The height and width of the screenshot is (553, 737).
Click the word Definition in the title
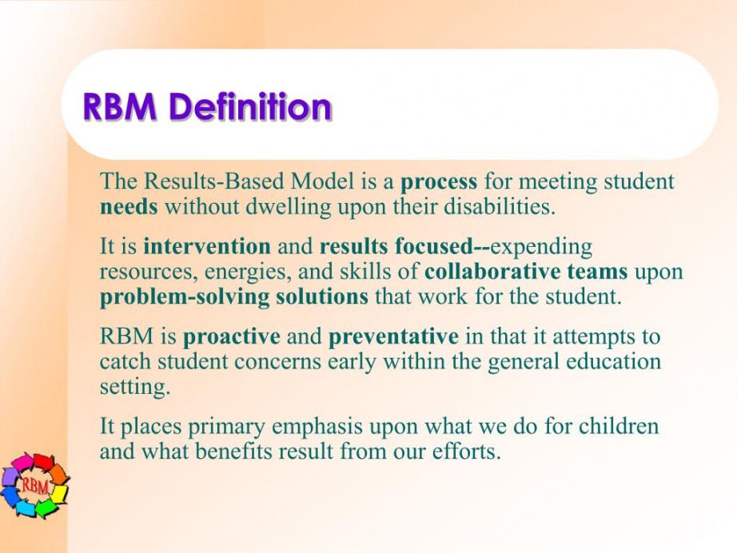[x=250, y=106]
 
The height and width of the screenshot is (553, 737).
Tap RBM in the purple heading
[x=119, y=106]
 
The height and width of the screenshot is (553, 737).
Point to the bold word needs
[x=129, y=207]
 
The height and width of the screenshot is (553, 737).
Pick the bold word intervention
[x=207, y=245]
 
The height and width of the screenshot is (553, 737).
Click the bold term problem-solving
[x=185, y=297]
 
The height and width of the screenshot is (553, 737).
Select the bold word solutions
[x=322, y=296]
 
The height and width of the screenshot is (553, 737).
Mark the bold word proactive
[x=231, y=337]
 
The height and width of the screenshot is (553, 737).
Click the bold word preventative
[x=393, y=337]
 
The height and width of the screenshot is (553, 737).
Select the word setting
[x=134, y=388]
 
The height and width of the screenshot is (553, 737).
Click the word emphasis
[x=317, y=427]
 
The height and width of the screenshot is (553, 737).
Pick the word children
[x=619, y=426]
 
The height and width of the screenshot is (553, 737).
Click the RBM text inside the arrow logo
[x=34, y=486]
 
